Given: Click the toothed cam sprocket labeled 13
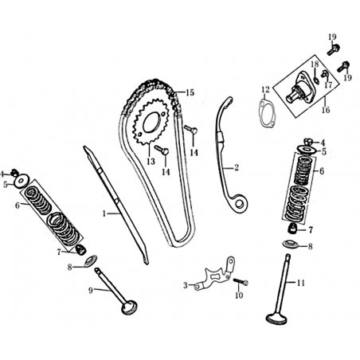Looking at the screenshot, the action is [x=138, y=122].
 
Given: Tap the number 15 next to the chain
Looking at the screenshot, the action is [x=190, y=93].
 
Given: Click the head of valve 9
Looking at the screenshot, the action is [x=130, y=307].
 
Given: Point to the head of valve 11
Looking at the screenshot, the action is [x=276, y=319].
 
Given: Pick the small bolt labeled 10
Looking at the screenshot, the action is [x=241, y=282].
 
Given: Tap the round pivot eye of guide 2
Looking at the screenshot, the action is [x=240, y=204].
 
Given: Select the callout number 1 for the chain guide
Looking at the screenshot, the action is [x=104, y=213].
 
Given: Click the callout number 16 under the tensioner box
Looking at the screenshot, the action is [x=326, y=110].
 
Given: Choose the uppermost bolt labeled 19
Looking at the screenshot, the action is [x=334, y=49].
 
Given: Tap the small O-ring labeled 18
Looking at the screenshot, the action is [x=315, y=80].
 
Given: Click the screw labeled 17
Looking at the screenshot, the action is [x=324, y=74].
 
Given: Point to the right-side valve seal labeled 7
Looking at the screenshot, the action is [x=292, y=229].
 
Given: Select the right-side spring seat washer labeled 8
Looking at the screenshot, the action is [x=291, y=244].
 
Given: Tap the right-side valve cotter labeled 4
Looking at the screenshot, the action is [x=308, y=142].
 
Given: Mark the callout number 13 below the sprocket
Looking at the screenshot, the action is [x=151, y=162].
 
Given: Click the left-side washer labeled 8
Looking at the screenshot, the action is [x=91, y=260].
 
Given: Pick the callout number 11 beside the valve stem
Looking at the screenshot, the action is [x=301, y=283].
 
